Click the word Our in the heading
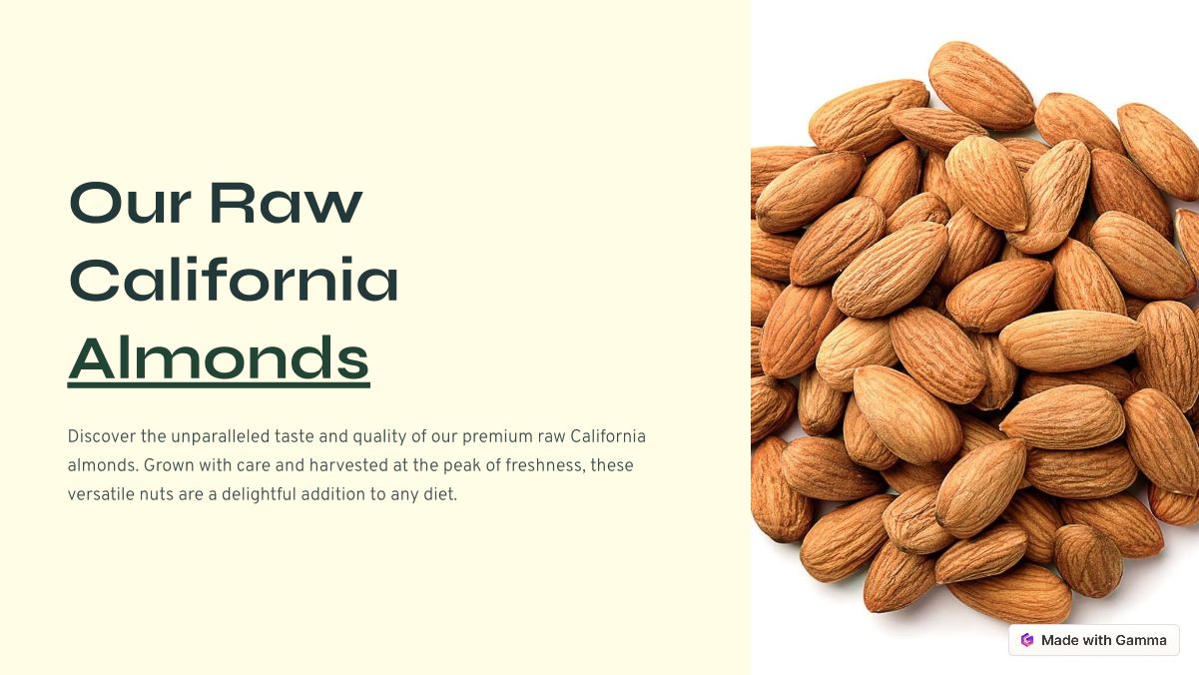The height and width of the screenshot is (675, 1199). pos(130,203)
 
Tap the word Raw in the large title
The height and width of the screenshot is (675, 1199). pos(287,203)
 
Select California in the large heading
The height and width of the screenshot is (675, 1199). pos(234,279)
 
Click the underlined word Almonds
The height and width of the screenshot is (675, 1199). pos(219,357)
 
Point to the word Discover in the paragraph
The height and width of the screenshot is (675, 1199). pos(102,436)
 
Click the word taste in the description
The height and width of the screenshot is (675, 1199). pos(295,436)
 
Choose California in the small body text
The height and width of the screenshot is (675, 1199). pos(608,436)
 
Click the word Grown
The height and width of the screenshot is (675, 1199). pos(169,465)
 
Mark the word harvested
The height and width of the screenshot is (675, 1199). pos(348,465)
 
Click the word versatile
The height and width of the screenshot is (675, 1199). pos(101,494)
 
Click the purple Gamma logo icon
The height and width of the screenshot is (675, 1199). pos(1027,640)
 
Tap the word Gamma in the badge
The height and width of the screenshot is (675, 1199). pos(1141,640)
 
